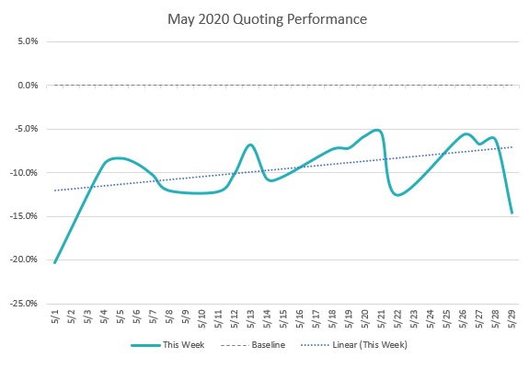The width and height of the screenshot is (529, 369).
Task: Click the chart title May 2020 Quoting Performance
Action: click(x=264, y=17)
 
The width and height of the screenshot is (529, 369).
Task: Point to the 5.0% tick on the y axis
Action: click(x=25, y=42)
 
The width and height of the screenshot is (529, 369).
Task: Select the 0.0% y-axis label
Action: click(x=25, y=86)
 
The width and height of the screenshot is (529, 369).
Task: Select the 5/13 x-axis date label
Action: click(x=250, y=319)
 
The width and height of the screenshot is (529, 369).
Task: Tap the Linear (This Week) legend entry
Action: click(x=369, y=345)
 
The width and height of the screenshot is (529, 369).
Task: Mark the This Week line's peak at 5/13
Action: click(x=250, y=144)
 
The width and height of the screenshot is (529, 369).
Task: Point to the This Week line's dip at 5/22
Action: click(x=397, y=195)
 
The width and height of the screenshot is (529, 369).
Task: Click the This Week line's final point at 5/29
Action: click(x=512, y=213)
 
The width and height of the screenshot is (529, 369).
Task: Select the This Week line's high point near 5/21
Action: click(x=377, y=130)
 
